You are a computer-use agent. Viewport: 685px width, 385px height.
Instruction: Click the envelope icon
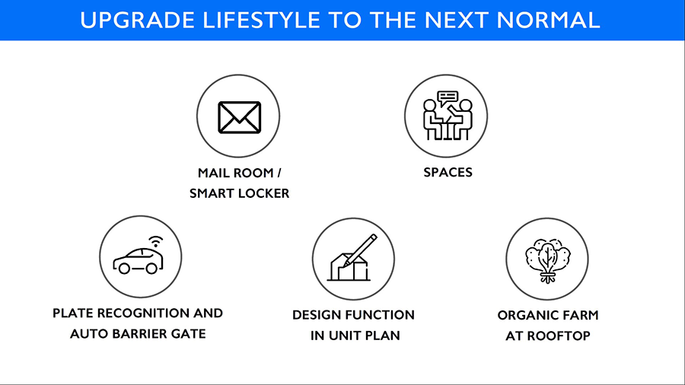[x=240, y=117]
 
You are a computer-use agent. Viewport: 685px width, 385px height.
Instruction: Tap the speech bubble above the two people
[x=448, y=97]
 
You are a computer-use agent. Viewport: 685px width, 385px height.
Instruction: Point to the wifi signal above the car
[x=155, y=241]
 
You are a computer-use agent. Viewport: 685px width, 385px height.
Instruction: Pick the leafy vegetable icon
[x=548, y=260]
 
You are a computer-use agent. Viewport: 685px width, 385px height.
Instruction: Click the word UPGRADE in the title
[x=137, y=21]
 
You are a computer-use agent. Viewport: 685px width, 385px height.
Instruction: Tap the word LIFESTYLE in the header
[x=262, y=21]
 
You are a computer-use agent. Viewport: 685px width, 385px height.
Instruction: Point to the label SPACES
[x=448, y=173]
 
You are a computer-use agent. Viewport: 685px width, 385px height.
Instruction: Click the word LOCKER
[x=263, y=193]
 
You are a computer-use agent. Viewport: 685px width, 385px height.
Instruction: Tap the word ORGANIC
[x=524, y=315]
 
